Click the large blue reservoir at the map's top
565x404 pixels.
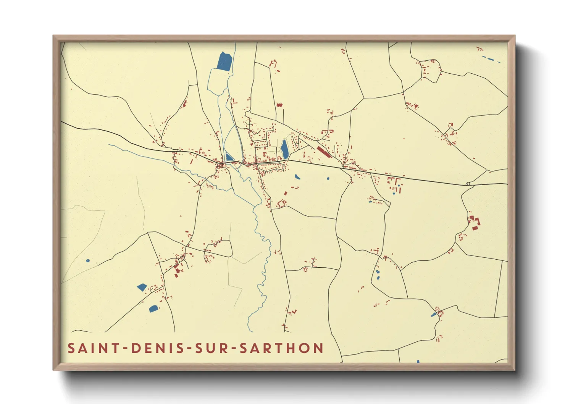pyautogui.click(x=224, y=61)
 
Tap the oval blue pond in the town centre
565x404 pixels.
pyautogui.click(x=285, y=149)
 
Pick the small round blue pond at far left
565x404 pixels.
pyautogui.click(x=88, y=261)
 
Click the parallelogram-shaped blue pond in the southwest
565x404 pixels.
pyautogui.click(x=142, y=287)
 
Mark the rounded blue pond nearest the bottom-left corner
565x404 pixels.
pyautogui.click(x=153, y=309)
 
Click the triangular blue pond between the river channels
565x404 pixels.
pyautogui.click(x=229, y=157)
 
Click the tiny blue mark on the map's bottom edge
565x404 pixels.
pyautogui.click(x=418, y=361)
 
